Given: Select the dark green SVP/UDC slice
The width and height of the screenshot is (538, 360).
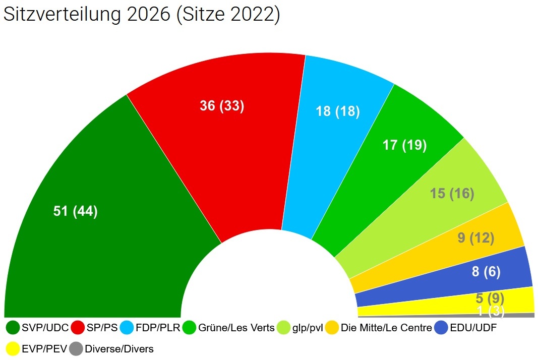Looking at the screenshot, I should click(x=101, y=242).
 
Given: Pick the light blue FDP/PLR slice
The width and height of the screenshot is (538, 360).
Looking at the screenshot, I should click(x=328, y=151).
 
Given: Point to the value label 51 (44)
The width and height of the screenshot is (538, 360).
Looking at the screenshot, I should click(x=76, y=211).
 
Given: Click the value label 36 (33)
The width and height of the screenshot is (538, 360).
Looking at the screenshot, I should click(x=222, y=106).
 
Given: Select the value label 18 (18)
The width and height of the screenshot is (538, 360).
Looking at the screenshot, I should click(x=338, y=111).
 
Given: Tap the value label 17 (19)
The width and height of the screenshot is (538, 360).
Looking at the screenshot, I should click(x=404, y=145).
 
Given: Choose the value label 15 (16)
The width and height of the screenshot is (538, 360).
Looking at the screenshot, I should click(x=452, y=194).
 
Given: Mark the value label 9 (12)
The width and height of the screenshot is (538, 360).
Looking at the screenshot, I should click(x=476, y=237).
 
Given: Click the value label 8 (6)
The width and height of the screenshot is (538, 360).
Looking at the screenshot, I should click(x=486, y=272).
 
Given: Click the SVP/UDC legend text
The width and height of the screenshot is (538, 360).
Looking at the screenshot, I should click(x=45, y=328).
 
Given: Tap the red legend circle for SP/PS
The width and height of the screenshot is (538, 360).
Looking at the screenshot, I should click(x=78, y=328).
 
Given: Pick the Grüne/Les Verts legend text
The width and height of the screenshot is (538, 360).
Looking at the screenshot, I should click(x=236, y=328).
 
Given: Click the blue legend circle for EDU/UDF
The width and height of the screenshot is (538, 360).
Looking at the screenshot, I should click(x=442, y=328).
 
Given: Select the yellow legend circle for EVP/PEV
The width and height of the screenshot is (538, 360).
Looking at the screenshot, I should click(x=13, y=348).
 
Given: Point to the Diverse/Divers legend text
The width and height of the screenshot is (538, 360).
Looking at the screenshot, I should click(x=119, y=348).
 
